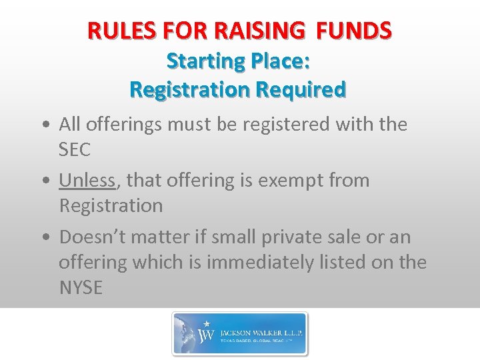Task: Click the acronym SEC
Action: [75, 150]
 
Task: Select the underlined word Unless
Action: [87, 180]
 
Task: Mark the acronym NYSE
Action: [81, 288]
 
